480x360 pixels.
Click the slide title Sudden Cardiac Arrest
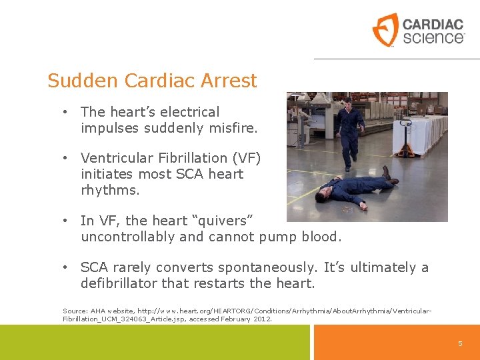(x=152, y=81)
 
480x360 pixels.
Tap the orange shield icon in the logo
(x=385, y=30)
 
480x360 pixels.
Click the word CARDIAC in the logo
(x=433, y=24)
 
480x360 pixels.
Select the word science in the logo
(x=433, y=37)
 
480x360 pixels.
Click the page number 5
(x=460, y=343)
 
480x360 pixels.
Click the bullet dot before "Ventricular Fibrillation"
(x=65, y=158)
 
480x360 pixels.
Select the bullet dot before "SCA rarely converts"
(x=65, y=267)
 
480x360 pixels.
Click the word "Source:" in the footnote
(x=74, y=311)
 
